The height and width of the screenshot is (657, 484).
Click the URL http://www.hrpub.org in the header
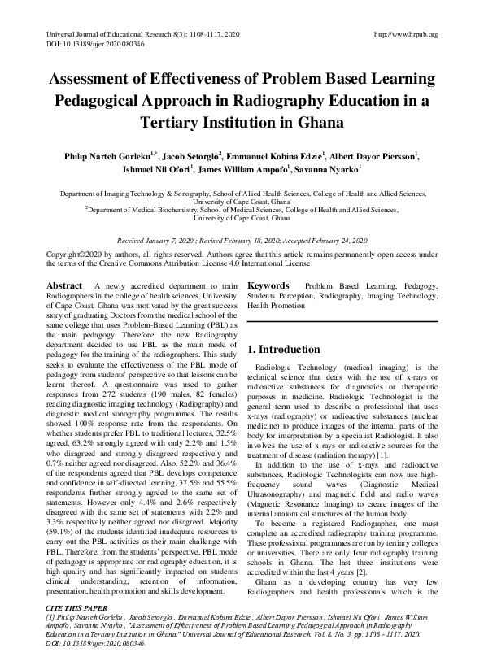(404, 34)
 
